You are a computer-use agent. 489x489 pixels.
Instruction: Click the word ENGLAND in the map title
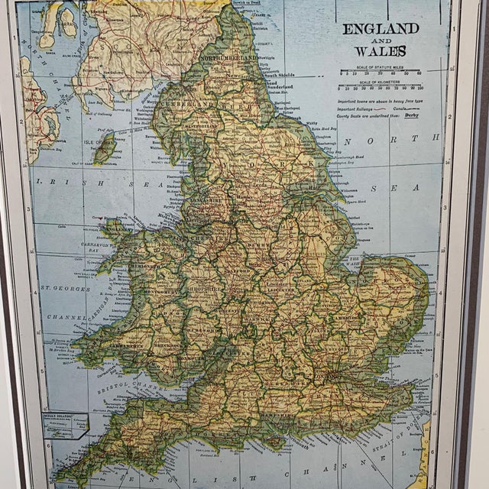pos(380,29)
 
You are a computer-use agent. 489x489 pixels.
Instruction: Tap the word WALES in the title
pos(380,51)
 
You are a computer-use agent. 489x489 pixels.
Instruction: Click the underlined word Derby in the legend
pos(411,115)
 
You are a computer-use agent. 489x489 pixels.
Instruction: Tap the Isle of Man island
pos(105,147)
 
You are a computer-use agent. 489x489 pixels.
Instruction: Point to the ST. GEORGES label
pos(66,289)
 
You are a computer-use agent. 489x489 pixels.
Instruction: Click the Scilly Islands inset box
pos(65,424)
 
